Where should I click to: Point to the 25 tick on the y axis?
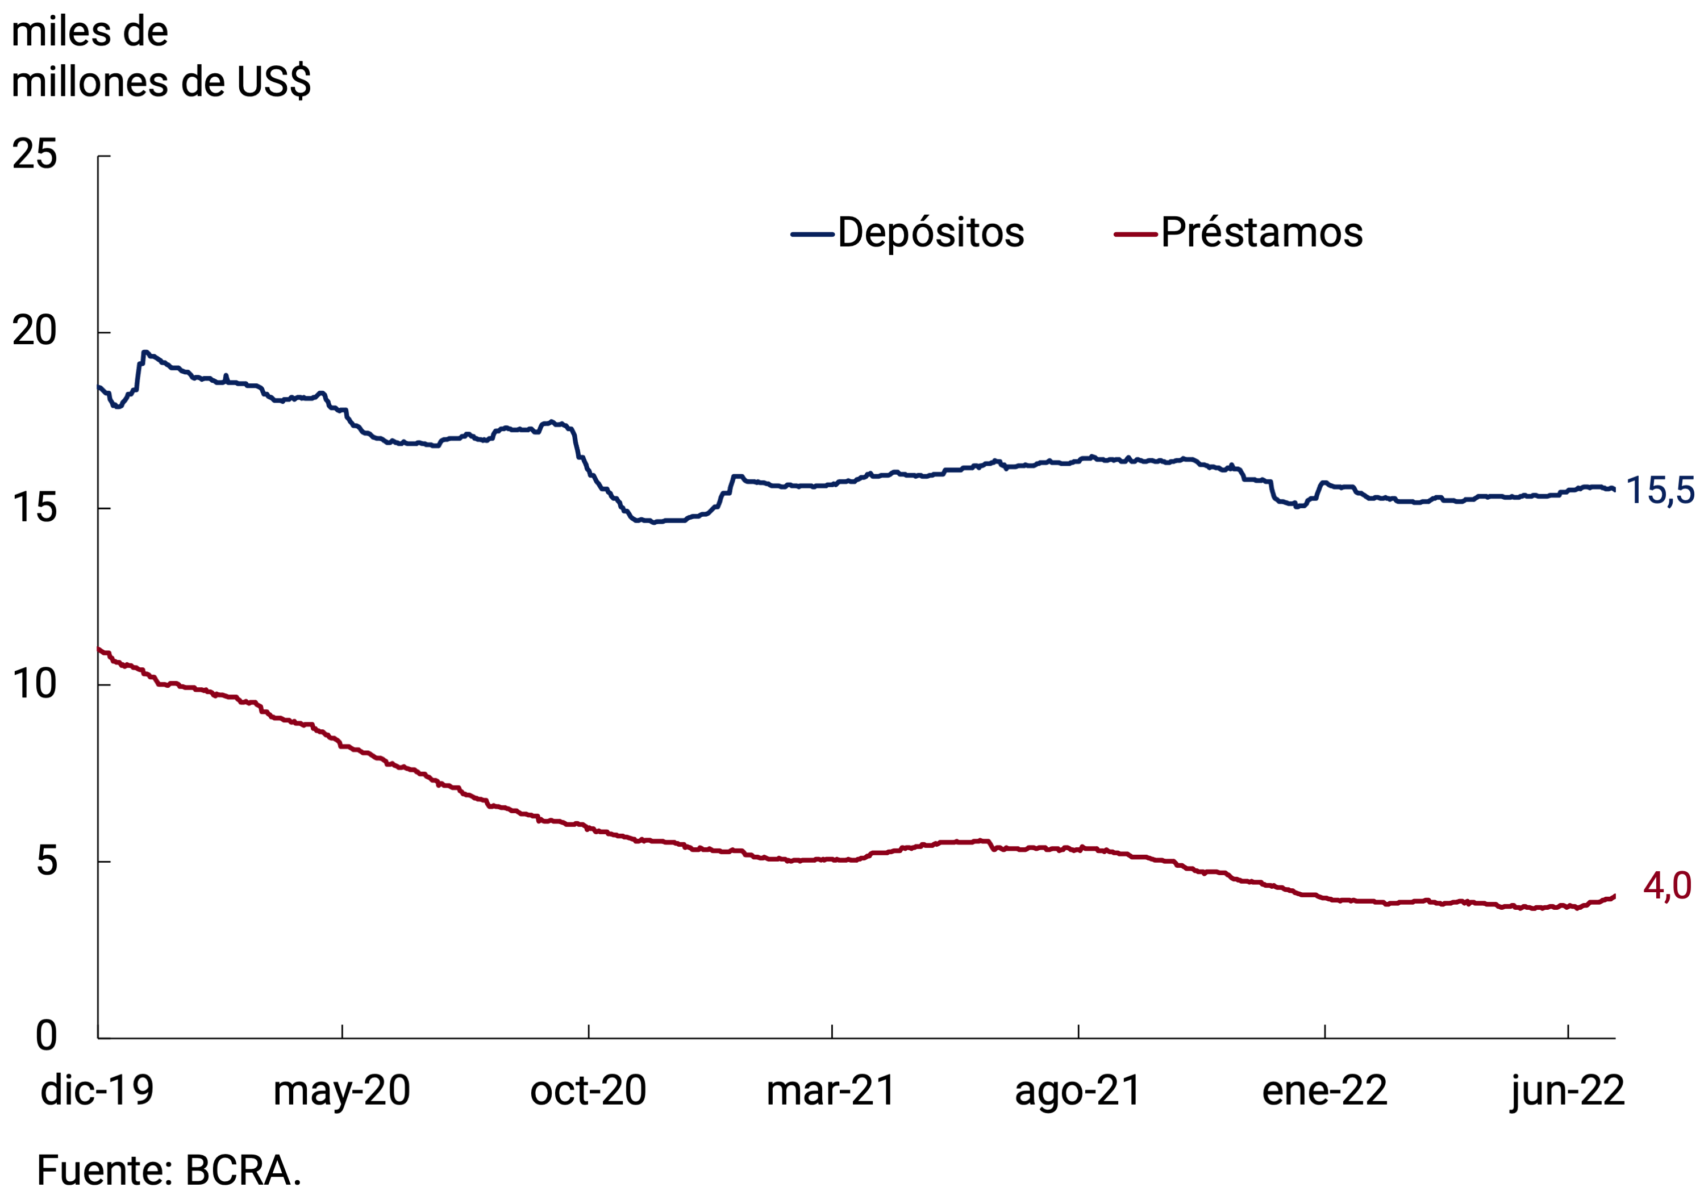34,155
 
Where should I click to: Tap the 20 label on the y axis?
34,331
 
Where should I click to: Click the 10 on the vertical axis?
34,684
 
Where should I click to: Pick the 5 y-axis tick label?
46,860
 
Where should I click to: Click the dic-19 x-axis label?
97,1090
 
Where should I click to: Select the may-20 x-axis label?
341,1090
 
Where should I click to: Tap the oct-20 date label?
588,1090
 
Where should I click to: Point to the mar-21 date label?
831,1090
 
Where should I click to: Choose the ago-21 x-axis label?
1078,1090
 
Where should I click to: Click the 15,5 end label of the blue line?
1660,491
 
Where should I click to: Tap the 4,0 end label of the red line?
1667,886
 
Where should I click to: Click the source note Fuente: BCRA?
169,1170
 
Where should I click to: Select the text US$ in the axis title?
274,82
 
